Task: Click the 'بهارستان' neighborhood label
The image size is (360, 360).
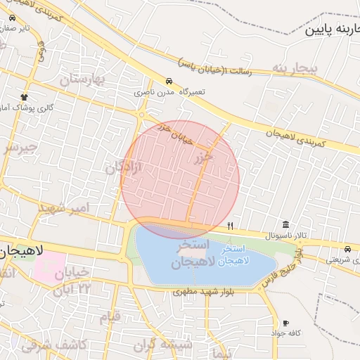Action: tap(83, 79)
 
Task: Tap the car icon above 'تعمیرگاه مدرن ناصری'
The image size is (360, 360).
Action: tap(169, 81)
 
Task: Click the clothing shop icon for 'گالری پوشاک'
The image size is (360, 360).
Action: tap(25, 96)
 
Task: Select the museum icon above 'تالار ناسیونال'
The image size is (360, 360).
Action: tap(285, 223)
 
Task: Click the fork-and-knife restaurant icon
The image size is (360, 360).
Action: tap(230, 226)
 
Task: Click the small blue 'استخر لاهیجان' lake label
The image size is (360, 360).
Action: tap(233, 255)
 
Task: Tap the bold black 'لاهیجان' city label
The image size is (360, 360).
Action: tap(21, 250)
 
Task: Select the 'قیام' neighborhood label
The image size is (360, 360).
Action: tap(110, 317)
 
